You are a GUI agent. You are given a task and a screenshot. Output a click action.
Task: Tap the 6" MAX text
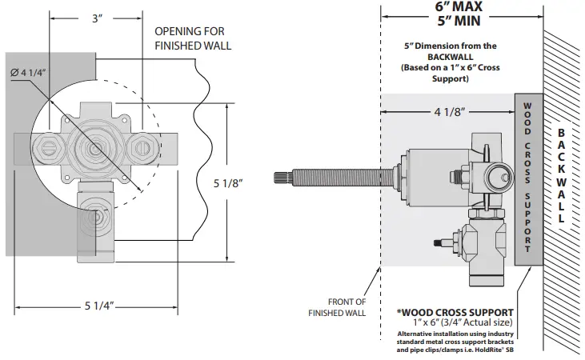click(x=462, y=6)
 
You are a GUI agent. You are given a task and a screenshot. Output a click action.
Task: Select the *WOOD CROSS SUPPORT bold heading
click(x=455, y=310)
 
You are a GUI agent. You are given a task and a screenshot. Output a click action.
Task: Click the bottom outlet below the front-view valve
click(x=96, y=218)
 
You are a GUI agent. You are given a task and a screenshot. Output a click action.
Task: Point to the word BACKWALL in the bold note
click(x=450, y=58)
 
